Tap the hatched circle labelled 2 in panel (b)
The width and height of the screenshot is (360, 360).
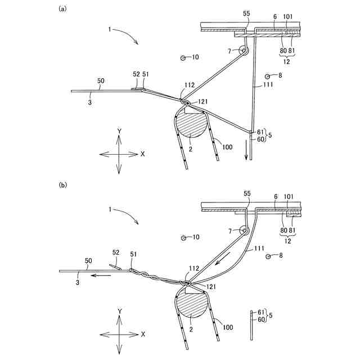tap(191, 304)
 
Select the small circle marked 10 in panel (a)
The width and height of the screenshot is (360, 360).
tap(183, 57)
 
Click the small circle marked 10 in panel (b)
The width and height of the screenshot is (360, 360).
tap(183, 238)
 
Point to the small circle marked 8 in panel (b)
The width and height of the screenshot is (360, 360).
tap(268, 256)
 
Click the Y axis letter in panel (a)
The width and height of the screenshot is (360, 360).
tap(119, 130)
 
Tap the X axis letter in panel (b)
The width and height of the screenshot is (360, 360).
tap(143, 334)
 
